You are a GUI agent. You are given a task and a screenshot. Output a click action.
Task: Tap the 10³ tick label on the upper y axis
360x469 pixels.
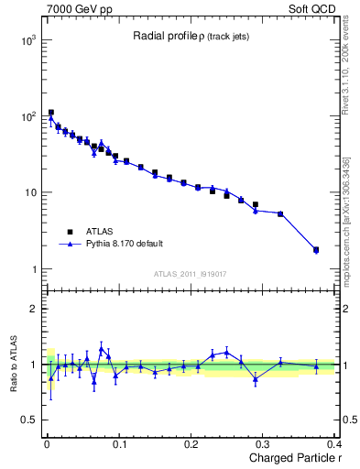click(28, 40)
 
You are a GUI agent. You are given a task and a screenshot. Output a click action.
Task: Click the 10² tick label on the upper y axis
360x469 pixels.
click(28, 116)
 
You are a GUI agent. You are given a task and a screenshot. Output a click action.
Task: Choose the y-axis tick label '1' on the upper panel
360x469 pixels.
click(34, 269)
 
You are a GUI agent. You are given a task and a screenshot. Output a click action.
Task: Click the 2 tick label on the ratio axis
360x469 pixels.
click(34, 309)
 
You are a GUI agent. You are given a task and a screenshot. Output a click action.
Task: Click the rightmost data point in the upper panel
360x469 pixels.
click(316, 249)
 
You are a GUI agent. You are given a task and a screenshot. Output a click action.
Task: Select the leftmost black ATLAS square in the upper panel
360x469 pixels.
click(51, 113)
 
